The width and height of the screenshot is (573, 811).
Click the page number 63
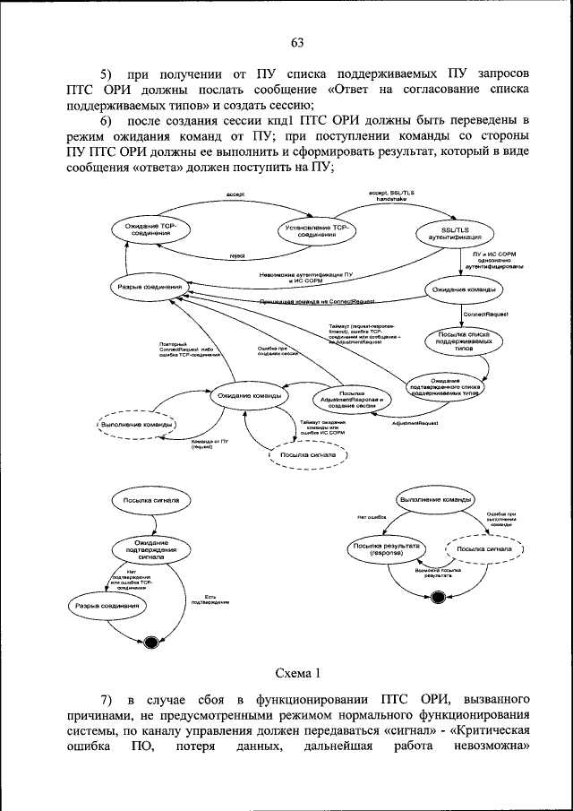tap(297, 42)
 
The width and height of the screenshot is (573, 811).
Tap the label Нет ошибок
tap(370, 516)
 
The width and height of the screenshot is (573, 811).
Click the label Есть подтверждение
tap(211, 599)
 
